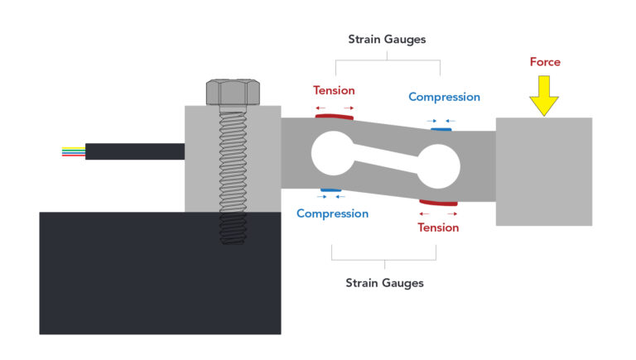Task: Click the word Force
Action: pyautogui.click(x=545, y=61)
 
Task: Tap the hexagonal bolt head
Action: pyautogui.click(x=233, y=91)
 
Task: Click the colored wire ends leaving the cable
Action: pyautogui.click(x=73, y=151)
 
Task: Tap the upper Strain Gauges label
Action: pyautogui.click(x=386, y=38)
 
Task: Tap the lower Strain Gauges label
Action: pyautogui.click(x=384, y=283)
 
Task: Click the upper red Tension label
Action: pyautogui.click(x=334, y=90)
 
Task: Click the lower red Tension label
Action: pyautogui.click(x=438, y=228)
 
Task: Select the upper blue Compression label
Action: pyautogui.click(x=444, y=97)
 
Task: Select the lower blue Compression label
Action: pyautogui.click(x=332, y=214)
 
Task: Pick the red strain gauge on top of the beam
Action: pyautogui.click(x=335, y=118)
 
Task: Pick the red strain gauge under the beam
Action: pyautogui.click(x=438, y=202)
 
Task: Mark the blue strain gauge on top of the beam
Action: pyautogui.click(x=441, y=128)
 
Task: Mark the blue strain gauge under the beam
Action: pyautogui.click(x=331, y=191)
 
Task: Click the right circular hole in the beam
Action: pyautogui.click(x=437, y=168)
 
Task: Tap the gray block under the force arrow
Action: pyautogui.click(x=543, y=171)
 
